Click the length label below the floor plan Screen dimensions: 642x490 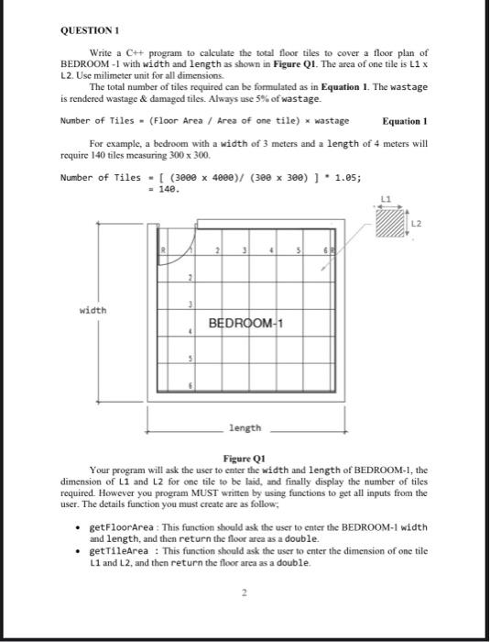[245, 427]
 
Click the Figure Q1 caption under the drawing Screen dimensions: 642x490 [245, 458]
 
